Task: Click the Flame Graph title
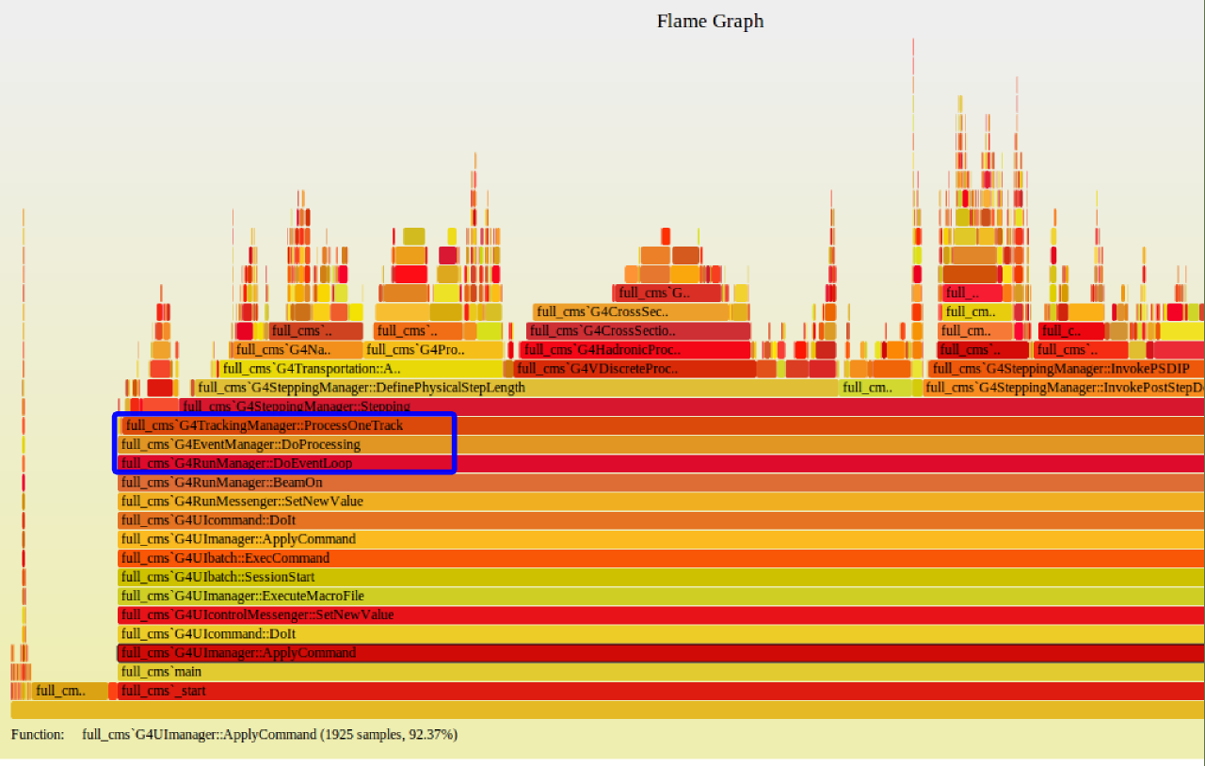click(710, 21)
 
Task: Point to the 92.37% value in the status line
click(432, 734)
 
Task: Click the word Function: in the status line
click(38, 734)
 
